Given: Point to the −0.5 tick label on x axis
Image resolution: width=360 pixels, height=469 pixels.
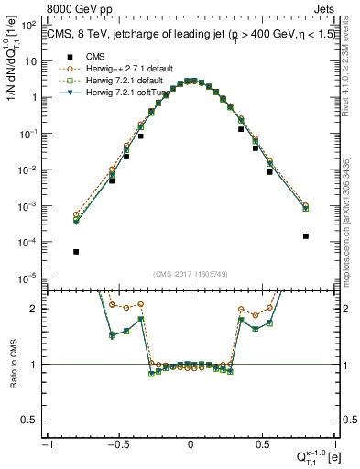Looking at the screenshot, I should coord(118,442).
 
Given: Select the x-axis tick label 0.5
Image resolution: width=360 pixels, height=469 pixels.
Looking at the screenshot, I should coord(262,442).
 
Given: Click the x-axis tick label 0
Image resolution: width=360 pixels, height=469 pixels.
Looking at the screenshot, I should coord(191,442).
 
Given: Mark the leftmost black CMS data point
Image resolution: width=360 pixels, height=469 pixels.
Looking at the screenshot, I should coord(76,251).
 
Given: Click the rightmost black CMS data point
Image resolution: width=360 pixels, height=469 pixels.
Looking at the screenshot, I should coord(305,235).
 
